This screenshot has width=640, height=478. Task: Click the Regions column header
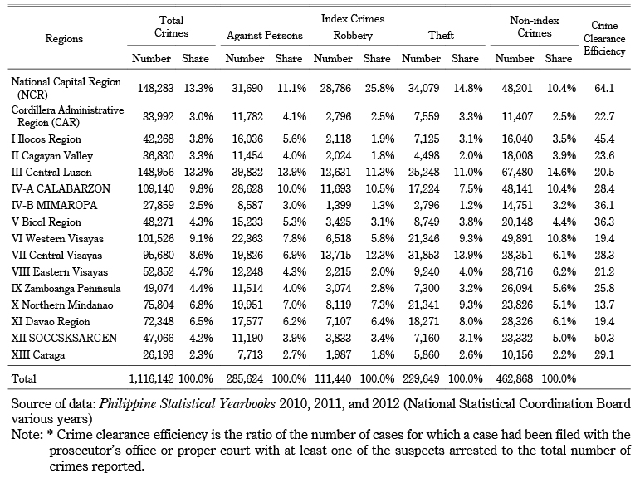pyautogui.click(x=64, y=39)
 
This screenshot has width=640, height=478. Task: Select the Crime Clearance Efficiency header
pyautogui.click(x=604, y=38)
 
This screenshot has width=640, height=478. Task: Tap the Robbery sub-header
pyautogui.click(x=353, y=36)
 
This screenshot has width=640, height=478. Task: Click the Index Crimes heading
pyautogui.click(x=353, y=19)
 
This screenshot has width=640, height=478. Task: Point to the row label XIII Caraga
pyautogui.click(x=38, y=354)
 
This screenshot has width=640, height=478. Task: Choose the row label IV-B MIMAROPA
pyautogui.click(x=54, y=205)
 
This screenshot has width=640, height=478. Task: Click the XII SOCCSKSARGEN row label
pyautogui.click(x=64, y=338)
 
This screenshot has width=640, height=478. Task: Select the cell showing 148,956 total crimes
pyautogui.click(x=155, y=172)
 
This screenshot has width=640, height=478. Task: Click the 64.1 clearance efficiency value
pyautogui.click(x=604, y=88)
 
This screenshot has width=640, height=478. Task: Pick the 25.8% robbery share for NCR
pyautogui.click(x=379, y=88)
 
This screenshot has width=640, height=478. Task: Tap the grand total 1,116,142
pyautogui.click(x=151, y=378)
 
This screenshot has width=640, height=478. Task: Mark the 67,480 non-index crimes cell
pyautogui.click(x=517, y=172)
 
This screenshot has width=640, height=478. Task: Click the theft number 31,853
pyautogui.click(x=423, y=255)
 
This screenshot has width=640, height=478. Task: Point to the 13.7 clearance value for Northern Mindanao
pyautogui.click(x=604, y=305)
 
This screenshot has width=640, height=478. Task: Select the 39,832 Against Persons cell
pyautogui.click(x=247, y=172)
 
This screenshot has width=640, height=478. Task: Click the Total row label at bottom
pyautogui.click(x=24, y=378)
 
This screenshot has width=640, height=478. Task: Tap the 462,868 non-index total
pyautogui.click(x=515, y=378)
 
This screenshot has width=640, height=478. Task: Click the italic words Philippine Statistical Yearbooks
pyautogui.click(x=188, y=403)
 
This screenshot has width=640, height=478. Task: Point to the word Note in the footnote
pyautogui.click(x=26, y=434)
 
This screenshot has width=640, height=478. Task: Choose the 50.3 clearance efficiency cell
pyautogui.click(x=604, y=338)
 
